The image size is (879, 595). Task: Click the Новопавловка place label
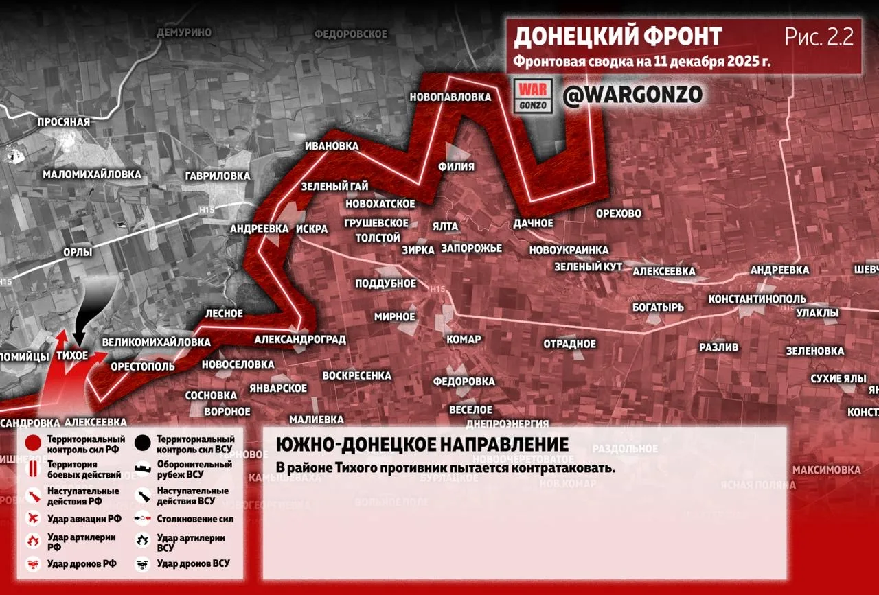coord(450,97)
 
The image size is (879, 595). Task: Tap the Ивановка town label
coord(333,146)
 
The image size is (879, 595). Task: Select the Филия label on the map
coord(456,165)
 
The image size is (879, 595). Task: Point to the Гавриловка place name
coord(217,176)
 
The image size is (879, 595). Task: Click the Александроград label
coord(299,339)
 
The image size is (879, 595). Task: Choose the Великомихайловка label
coord(156,342)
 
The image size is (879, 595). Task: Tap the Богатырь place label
coord(658,307)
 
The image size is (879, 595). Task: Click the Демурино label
coord(183,32)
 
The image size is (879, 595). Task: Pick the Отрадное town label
coord(570,343)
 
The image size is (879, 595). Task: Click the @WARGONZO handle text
coord(632,95)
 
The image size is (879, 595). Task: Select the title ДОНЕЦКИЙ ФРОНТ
coord(617,36)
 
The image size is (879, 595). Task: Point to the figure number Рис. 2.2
coord(819,37)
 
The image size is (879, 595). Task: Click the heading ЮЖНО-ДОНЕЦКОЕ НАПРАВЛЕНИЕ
coord(422,444)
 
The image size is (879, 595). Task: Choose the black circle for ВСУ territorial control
coord(144,443)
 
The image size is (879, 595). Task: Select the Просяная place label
coord(64,121)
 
